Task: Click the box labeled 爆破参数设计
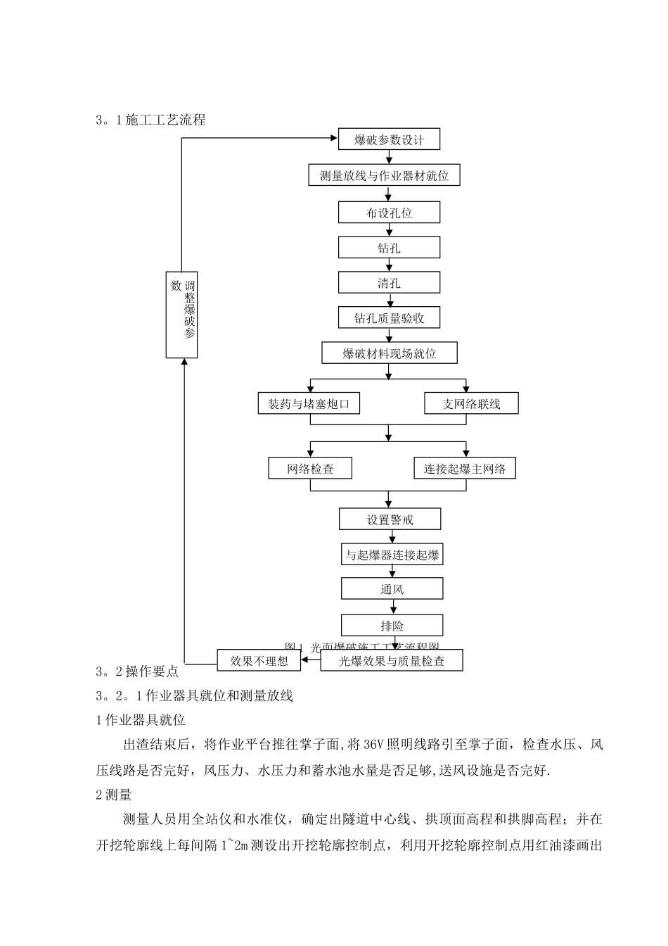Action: [x=390, y=139]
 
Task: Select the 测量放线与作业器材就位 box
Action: [x=384, y=175]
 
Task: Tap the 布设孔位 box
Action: [x=390, y=213]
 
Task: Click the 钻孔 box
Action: [x=390, y=248]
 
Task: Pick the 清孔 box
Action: [x=390, y=283]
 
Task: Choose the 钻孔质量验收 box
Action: [x=390, y=318]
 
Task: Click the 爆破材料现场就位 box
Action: [x=390, y=353]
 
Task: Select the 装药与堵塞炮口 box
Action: [x=309, y=404]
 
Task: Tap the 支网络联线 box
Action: [x=472, y=404]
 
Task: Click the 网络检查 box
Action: [x=310, y=469]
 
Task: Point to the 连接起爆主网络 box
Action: [x=465, y=469]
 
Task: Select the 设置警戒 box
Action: [x=390, y=520]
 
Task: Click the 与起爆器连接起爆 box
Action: [x=392, y=555]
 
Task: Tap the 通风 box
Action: [x=392, y=589]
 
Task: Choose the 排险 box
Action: [x=392, y=626]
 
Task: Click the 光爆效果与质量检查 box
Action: [x=392, y=661]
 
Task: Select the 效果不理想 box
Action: [x=259, y=660]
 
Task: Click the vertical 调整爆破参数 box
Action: [x=182, y=315]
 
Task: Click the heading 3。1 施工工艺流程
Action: [x=150, y=120]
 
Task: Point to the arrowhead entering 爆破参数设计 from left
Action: [x=334, y=139]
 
